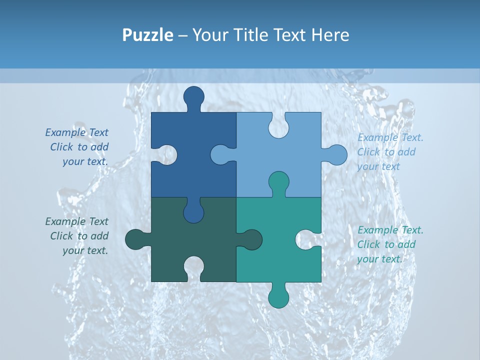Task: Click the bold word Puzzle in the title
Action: [147, 35]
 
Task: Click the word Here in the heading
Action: [329, 35]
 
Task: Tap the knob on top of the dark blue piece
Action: [193, 97]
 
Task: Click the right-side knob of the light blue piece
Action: [336, 155]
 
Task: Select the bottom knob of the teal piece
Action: [278, 296]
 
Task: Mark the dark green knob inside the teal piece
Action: [251, 239]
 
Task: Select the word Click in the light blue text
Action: [368, 152]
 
